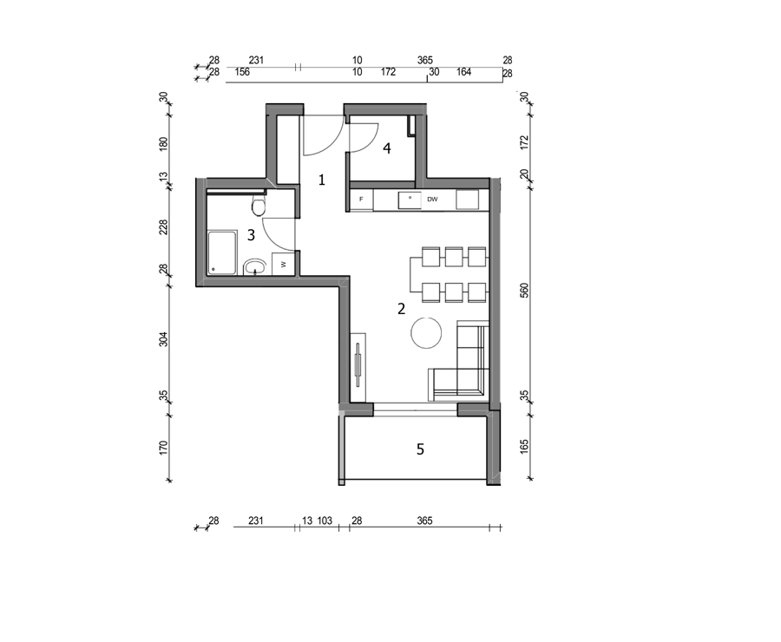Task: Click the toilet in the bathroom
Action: pyautogui.click(x=259, y=206)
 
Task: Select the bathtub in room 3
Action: pyautogui.click(x=222, y=252)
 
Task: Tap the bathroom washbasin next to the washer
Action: pyautogui.click(x=256, y=267)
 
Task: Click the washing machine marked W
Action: pyautogui.click(x=284, y=264)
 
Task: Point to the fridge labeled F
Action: pyautogui.click(x=362, y=200)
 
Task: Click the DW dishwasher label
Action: pyautogui.click(x=432, y=200)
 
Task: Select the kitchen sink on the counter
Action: pyautogui.click(x=410, y=200)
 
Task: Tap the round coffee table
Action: pyautogui.click(x=426, y=332)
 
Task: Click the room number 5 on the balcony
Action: pyautogui.click(x=420, y=449)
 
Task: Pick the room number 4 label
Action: pyautogui.click(x=387, y=148)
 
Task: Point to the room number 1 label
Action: pyautogui.click(x=322, y=180)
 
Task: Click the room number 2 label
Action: pyautogui.click(x=402, y=310)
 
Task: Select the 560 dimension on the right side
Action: pyautogui.click(x=524, y=291)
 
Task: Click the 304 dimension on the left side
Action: pyautogui.click(x=163, y=339)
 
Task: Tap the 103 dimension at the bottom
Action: pyautogui.click(x=325, y=521)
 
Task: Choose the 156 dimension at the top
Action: pyautogui.click(x=242, y=72)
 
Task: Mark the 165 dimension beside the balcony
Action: pyautogui.click(x=524, y=446)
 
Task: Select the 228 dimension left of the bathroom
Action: pyautogui.click(x=163, y=227)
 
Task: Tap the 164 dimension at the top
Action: pyautogui.click(x=463, y=72)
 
